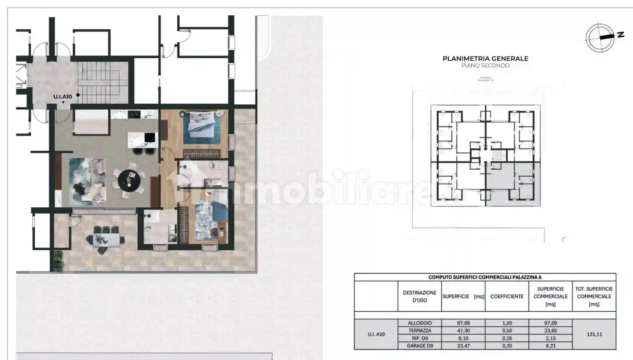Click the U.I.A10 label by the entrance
(63, 97)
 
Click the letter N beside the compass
(620, 35)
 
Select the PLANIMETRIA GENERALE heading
(485, 58)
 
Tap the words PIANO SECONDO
(485, 66)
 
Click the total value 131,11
(594, 334)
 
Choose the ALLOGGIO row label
(420, 323)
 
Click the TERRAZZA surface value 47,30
(463, 331)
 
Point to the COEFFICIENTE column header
(507, 297)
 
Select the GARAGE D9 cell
(420, 346)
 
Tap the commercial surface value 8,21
(550, 346)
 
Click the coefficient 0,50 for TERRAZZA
(507, 331)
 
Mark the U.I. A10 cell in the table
(376, 334)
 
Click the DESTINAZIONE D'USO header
(420, 297)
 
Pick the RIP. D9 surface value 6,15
(463, 338)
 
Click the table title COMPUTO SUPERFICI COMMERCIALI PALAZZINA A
(485, 277)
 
